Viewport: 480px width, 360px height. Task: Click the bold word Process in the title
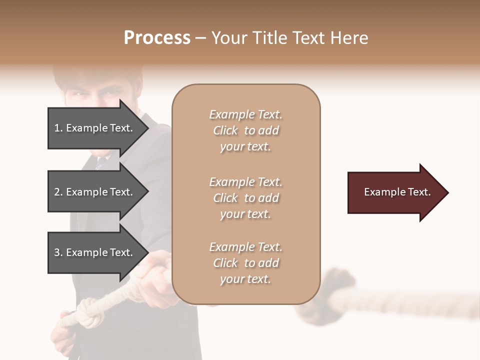pos(157,38)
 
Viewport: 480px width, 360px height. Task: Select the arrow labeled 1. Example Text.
pos(95,128)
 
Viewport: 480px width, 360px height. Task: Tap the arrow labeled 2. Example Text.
pos(95,192)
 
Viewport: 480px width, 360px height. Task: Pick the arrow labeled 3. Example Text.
pos(95,252)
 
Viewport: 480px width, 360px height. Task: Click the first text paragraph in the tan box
pos(245,130)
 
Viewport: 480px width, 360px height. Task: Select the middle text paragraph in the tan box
pos(245,198)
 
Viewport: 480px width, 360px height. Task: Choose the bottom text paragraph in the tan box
pos(245,263)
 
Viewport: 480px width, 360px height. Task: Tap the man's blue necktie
pos(101,161)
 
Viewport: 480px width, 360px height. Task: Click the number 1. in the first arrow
pos(58,128)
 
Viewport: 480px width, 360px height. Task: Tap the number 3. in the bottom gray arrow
pos(58,252)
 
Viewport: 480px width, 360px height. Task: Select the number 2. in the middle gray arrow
pos(58,192)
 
